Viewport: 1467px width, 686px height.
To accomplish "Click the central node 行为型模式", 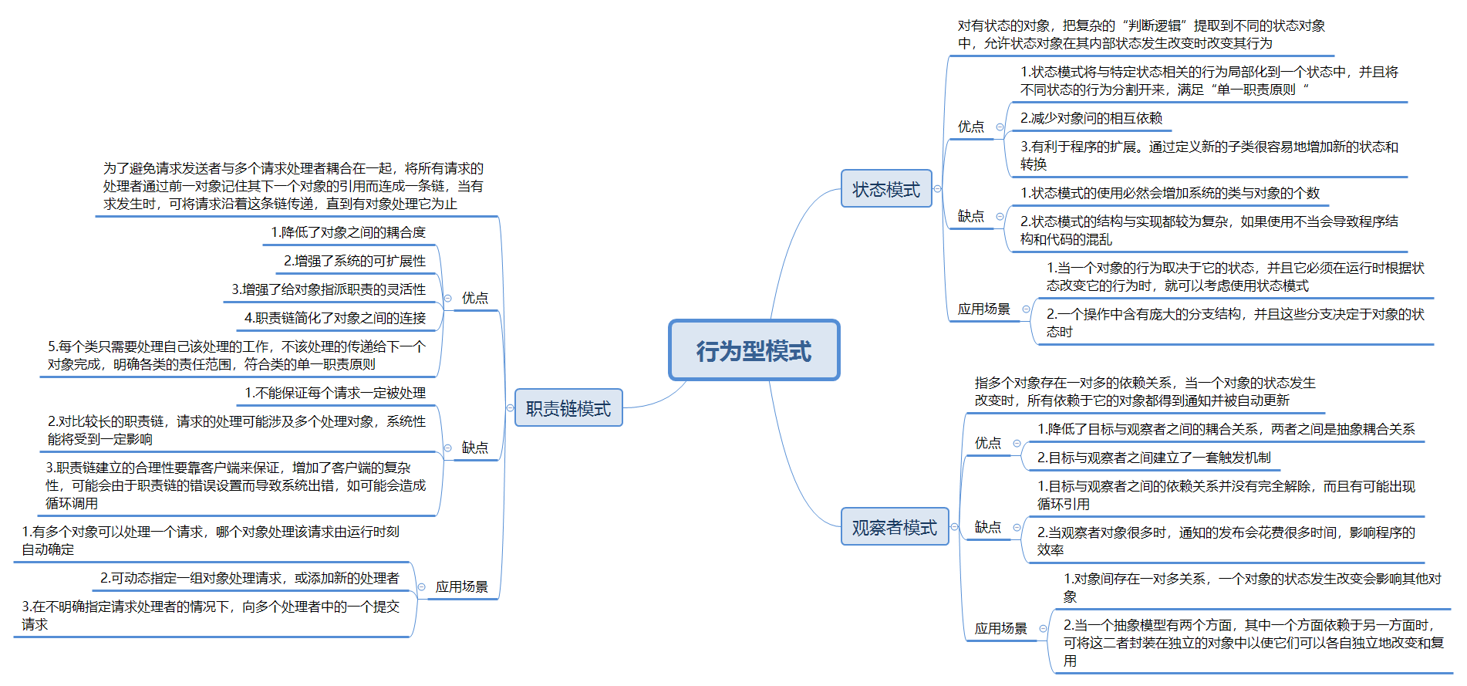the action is pos(754,350).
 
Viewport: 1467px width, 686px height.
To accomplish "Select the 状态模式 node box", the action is pos(886,189).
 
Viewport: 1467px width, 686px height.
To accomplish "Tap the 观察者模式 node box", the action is pos(894,527).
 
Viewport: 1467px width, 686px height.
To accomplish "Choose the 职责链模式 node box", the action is pos(568,408).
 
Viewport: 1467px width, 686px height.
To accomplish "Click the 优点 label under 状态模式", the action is pos(971,127).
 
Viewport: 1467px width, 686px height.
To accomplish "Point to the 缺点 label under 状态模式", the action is pos(971,216).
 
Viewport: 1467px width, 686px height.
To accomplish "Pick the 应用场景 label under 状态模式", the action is pos(983,309).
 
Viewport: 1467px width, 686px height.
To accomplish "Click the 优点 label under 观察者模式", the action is pos(987,443).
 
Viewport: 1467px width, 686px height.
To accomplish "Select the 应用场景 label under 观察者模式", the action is pos(1000,628).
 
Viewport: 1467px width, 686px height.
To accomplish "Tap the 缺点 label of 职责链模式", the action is pos(474,448).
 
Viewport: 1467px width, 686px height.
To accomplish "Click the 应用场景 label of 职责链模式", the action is pos(461,586).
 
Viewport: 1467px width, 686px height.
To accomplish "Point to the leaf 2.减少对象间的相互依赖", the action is pos(1091,118).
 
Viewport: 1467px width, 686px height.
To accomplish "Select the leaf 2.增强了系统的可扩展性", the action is pos(355,261).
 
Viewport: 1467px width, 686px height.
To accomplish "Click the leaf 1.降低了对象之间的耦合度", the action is pos(348,232).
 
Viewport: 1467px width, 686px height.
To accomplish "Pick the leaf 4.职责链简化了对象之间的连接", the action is pos(335,318).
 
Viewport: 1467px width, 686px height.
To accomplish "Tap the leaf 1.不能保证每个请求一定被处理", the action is pos(335,393).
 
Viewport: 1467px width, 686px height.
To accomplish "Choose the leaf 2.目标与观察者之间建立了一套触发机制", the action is pos(1153,458).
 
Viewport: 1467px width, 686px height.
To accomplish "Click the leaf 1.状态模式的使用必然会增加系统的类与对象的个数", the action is pos(1169,193).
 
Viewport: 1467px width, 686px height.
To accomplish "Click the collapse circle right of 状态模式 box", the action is pos(938,189).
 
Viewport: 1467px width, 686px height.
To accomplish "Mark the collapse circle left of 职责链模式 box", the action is pos(510,408).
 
